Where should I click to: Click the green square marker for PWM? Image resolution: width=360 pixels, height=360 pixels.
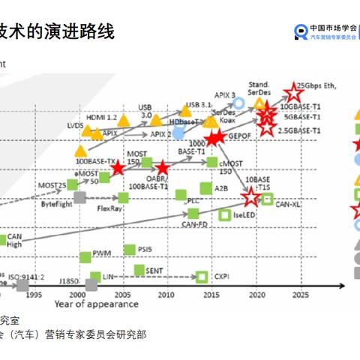tap(85, 256)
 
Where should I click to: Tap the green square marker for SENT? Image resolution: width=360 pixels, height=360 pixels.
tap(139, 269)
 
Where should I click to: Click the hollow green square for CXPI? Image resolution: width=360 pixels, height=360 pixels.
tap(201, 277)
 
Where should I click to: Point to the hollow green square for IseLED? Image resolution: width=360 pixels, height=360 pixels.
tap(223, 214)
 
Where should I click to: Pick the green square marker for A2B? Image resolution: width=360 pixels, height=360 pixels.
tap(205, 188)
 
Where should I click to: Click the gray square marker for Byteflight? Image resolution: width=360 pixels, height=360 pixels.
tap(80, 197)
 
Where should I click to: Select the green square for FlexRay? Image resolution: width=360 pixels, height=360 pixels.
tap(123, 198)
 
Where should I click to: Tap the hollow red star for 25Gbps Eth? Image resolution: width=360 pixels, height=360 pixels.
tap(291, 94)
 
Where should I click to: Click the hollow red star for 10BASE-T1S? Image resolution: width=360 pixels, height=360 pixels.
tap(250, 197)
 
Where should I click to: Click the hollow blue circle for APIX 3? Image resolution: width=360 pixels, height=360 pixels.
tap(238, 103)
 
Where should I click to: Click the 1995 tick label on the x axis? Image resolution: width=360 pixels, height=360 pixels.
tap(34, 295)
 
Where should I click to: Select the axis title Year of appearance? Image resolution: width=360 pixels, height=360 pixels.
tap(95, 304)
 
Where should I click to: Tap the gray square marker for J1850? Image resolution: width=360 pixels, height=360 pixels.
tap(91, 284)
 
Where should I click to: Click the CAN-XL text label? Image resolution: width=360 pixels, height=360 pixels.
tap(288, 203)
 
